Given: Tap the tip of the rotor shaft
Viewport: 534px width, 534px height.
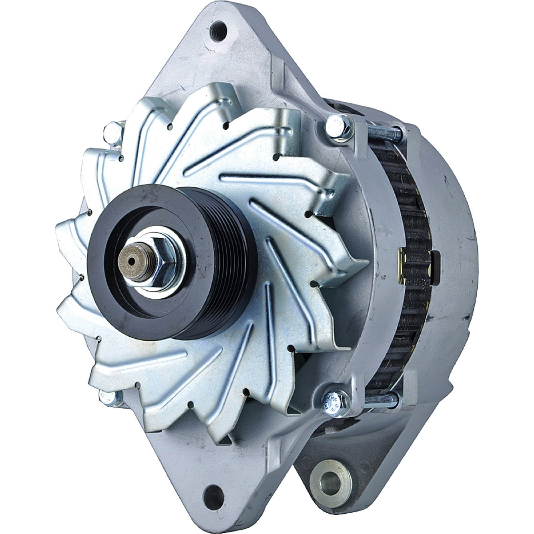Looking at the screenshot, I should (132, 261).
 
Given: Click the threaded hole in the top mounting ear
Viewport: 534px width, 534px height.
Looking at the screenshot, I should (218, 31).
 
